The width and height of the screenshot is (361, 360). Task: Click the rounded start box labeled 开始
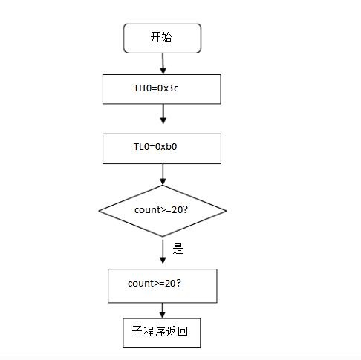[162, 39]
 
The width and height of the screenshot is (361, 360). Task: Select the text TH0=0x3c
[156, 88]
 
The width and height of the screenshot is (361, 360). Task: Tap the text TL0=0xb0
[155, 147]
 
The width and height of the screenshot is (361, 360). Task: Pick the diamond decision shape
[163, 211]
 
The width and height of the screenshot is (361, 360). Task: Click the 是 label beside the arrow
[178, 249]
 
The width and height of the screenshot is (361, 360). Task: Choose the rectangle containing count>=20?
[163, 286]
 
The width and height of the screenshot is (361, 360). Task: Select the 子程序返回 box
[162, 333]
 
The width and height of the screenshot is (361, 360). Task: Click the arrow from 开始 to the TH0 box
[163, 64]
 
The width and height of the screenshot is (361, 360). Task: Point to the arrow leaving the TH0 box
[163, 114]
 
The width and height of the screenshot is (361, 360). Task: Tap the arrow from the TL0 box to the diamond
[163, 174]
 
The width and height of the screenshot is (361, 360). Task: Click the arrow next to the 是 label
[163, 252]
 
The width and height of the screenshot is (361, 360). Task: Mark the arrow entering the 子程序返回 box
[163, 310]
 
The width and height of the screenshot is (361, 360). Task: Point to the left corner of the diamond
[99, 211]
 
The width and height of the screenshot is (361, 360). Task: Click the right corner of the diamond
[227, 211]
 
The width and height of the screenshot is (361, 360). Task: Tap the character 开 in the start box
[155, 37]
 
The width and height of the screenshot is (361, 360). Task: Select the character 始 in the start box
[166, 37]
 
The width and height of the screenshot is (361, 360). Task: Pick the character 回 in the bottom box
[183, 331]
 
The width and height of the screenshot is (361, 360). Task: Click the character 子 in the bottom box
[137, 331]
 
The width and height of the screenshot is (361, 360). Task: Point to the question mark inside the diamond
[185, 210]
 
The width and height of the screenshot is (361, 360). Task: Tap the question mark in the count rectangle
[178, 284]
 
